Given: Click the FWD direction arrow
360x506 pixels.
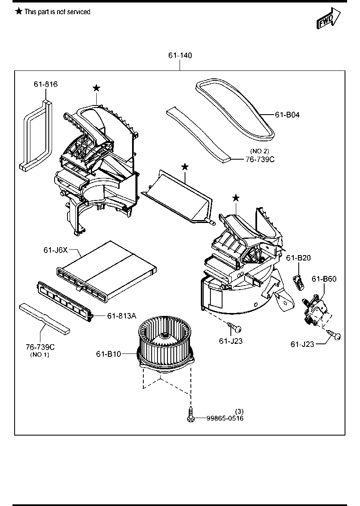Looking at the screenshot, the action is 329,18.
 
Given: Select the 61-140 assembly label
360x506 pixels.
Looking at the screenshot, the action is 180,55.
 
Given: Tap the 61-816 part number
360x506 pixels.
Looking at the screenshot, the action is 45,84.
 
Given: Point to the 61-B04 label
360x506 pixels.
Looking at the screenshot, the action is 287,115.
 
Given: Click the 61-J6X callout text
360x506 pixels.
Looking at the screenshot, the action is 55,250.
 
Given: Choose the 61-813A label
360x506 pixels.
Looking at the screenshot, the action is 122,316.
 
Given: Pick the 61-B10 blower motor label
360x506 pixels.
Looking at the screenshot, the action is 108,354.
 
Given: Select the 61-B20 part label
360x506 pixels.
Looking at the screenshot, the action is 298,258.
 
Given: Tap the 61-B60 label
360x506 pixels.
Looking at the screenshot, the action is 324,279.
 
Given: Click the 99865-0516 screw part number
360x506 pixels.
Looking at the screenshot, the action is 225,418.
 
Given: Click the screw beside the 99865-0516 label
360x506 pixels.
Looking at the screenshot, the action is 190,414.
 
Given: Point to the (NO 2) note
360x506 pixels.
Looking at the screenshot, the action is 260,151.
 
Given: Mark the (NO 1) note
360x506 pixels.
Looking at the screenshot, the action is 40,354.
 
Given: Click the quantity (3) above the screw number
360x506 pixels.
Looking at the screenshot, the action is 239,411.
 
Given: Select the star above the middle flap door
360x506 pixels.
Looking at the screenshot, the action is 185,167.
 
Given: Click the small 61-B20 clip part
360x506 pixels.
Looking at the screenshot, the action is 299,282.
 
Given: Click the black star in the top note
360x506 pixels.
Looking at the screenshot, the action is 19,11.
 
